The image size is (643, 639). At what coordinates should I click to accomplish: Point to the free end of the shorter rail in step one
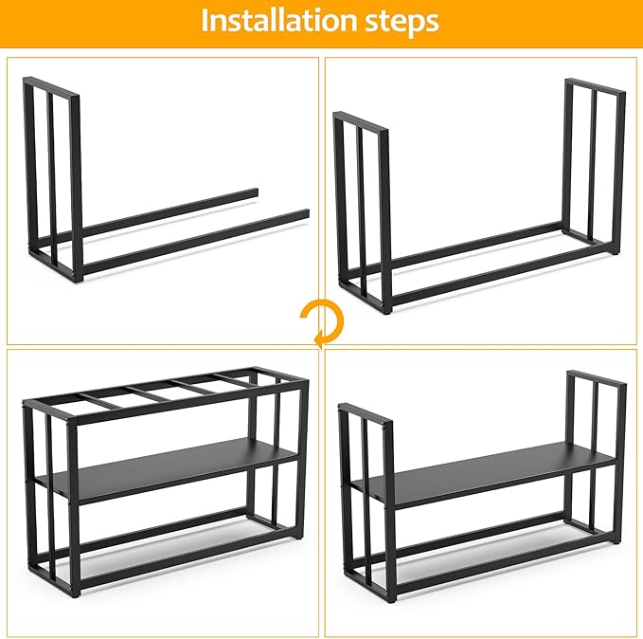[253, 193]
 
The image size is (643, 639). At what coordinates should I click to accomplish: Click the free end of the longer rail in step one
[304, 213]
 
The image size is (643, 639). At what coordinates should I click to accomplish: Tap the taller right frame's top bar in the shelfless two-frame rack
[595, 86]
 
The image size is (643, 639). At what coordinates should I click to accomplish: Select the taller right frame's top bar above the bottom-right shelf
[597, 377]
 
